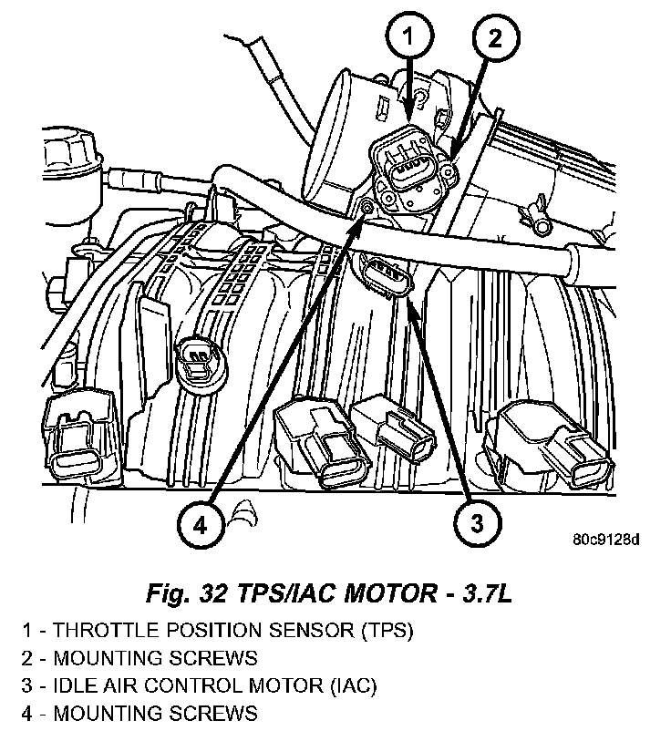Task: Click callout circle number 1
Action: tap(409, 38)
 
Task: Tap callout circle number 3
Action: tap(476, 523)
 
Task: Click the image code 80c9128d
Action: tap(606, 538)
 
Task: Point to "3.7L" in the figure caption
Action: tap(481, 595)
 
